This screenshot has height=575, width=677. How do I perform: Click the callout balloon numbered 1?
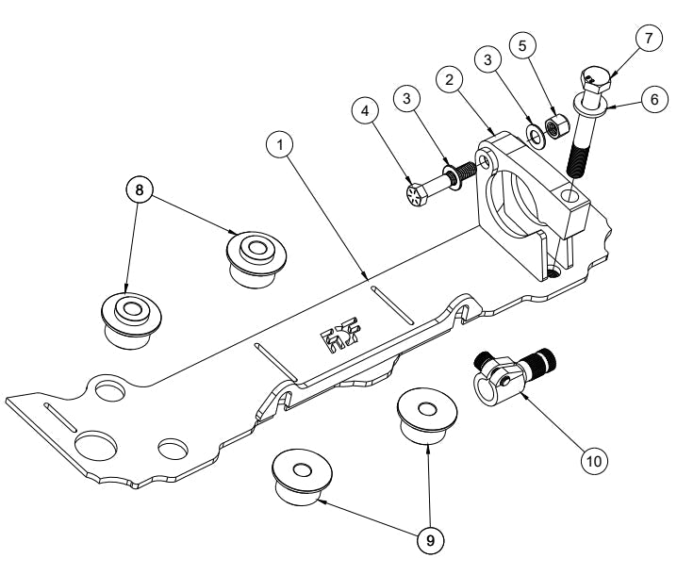click(280, 145)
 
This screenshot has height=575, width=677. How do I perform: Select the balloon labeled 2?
click(451, 79)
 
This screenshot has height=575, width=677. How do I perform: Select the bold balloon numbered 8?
click(140, 189)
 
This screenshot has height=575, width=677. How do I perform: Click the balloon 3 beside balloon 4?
click(407, 98)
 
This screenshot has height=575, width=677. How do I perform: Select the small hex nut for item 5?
click(555, 125)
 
